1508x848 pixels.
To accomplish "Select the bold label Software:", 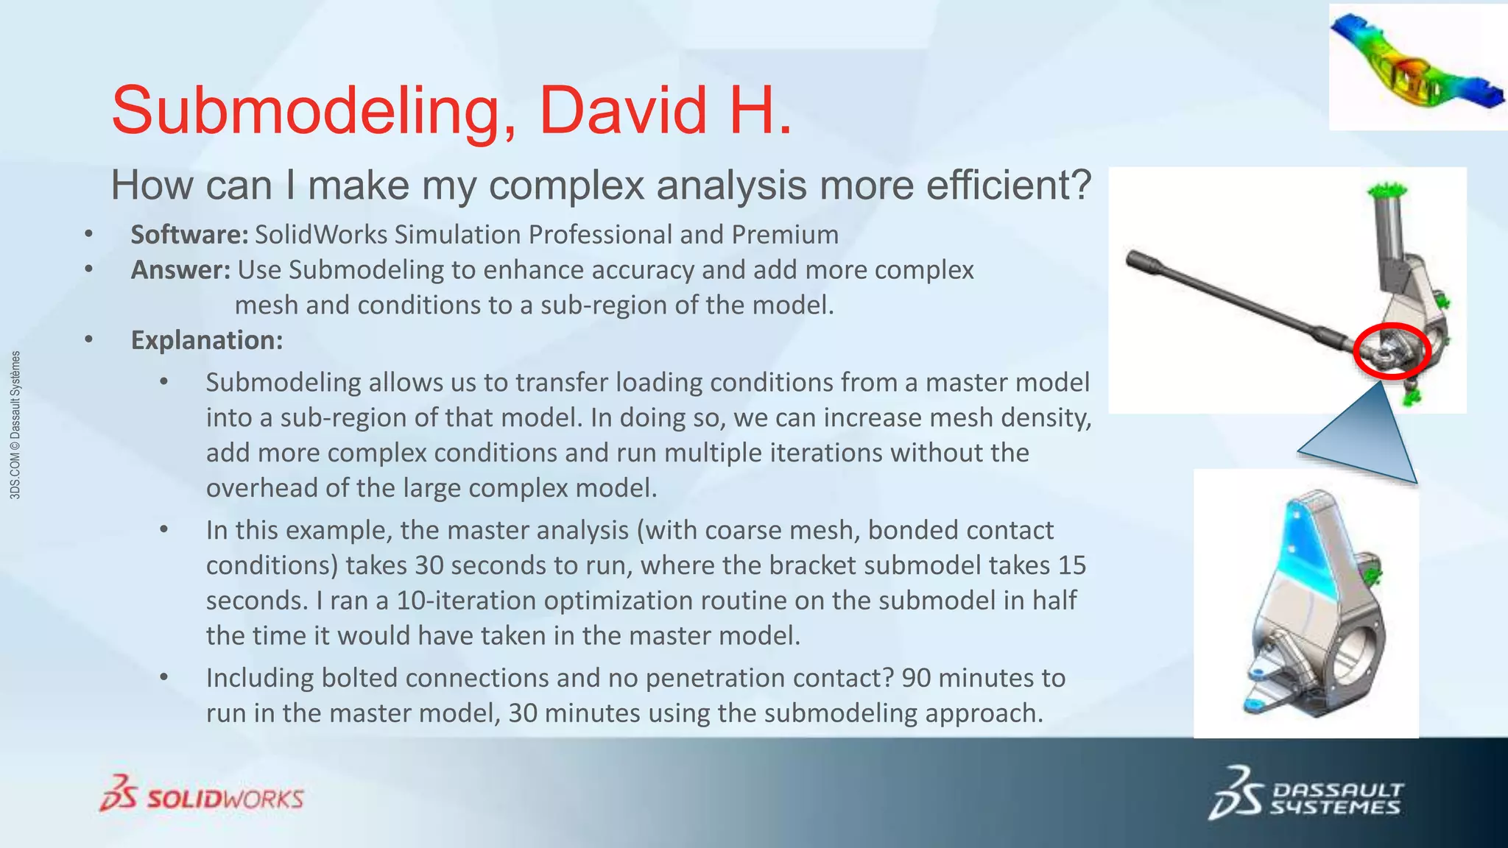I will coord(189,235).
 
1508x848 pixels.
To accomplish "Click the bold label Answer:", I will coord(180,270).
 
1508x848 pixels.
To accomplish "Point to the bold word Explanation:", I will coord(206,340).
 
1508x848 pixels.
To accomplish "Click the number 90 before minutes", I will coord(916,678).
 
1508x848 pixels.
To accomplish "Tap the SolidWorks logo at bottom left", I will coord(202,795).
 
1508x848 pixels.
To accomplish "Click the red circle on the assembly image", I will coord(1392,351).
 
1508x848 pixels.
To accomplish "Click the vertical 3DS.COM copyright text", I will coord(15,425).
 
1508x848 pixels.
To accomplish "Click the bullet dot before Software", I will coord(88,235).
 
